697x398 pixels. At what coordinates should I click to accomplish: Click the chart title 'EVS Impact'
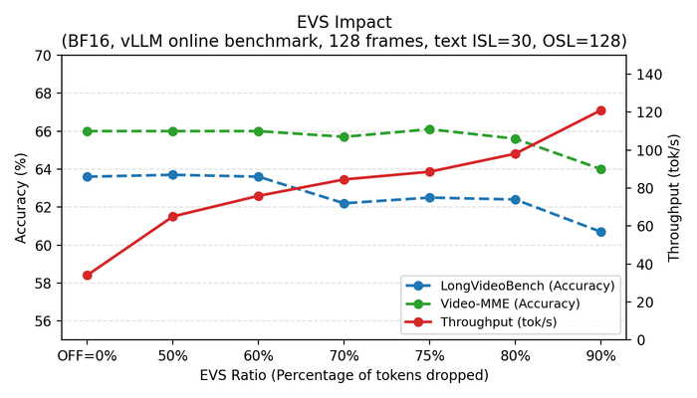pyautogui.click(x=344, y=21)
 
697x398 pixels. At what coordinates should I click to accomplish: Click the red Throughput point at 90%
pyautogui.click(x=600, y=110)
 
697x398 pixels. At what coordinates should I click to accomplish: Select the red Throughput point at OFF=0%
pyautogui.click(x=88, y=276)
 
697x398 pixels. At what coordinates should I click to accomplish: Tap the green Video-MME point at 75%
pyautogui.click(x=429, y=129)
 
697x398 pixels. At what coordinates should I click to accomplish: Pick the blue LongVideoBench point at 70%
pyautogui.click(x=344, y=203)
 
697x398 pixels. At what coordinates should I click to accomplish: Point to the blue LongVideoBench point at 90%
pyautogui.click(x=600, y=232)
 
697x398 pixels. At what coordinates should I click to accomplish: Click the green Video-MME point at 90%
pyautogui.click(x=600, y=169)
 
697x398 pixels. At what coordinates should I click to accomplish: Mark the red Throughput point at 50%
pyautogui.click(x=173, y=216)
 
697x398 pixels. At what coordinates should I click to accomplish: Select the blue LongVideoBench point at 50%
pyautogui.click(x=173, y=175)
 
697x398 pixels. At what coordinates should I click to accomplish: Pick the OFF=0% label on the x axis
pyautogui.click(x=88, y=355)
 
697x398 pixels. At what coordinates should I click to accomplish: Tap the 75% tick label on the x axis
pyautogui.click(x=429, y=355)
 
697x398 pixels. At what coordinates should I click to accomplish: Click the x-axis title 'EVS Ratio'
pyautogui.click(x=344, y=375)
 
